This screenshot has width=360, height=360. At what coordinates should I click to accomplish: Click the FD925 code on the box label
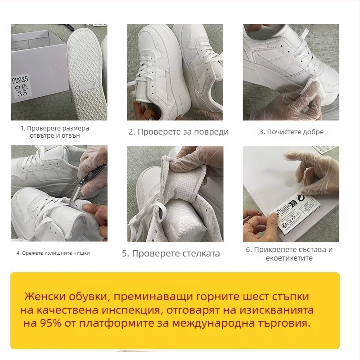tap(21, 80)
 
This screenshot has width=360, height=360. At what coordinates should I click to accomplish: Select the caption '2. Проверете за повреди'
tap(178, 132)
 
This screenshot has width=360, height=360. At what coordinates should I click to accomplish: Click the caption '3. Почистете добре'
tap(291, 132)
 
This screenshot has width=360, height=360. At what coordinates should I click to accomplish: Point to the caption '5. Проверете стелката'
tap(171, 253)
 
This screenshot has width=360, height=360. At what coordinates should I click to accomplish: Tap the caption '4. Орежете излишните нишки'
tap(53, 253)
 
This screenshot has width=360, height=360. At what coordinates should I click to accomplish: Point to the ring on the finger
tap(247, 222)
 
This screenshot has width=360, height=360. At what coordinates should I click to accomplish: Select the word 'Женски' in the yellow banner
tap(44, 297)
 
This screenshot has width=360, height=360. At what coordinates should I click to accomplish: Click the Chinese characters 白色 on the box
tap(20, 87)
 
